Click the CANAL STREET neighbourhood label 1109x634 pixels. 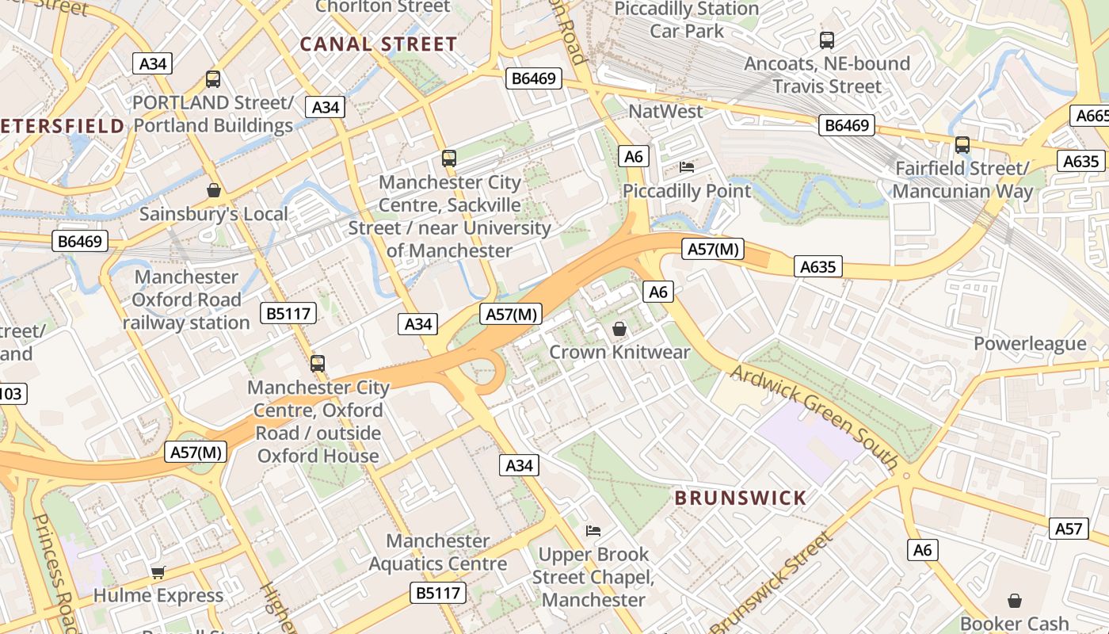[x=379, y=44]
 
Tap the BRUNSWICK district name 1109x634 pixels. [x=740, y=498]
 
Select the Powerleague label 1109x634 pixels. [x=1029, y=344]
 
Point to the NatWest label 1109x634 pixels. [x=665, y=112]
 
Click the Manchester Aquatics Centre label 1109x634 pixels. [x=437, y=552]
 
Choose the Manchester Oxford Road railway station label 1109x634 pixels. [x=186, y=300]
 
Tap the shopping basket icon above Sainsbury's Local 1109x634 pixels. [x=213, y=190]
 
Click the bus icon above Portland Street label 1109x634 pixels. [x=213, y=79]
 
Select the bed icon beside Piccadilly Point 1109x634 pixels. [x=687, y=167]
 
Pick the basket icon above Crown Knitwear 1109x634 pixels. [x=619, y=328]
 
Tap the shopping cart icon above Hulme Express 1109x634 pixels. [x=158, y=572]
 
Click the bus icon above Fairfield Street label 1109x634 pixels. [x=962, y=145]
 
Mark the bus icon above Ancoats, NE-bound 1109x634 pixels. [x=827, y=40]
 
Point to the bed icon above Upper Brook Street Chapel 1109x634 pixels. [x=593, y=530]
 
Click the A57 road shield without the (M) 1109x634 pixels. [x=1069, y=529]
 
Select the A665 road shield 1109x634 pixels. [x=1092, y=116]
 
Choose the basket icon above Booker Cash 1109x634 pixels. [x=1014, y=601]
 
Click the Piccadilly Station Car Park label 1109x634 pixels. [x=687, y=20]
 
